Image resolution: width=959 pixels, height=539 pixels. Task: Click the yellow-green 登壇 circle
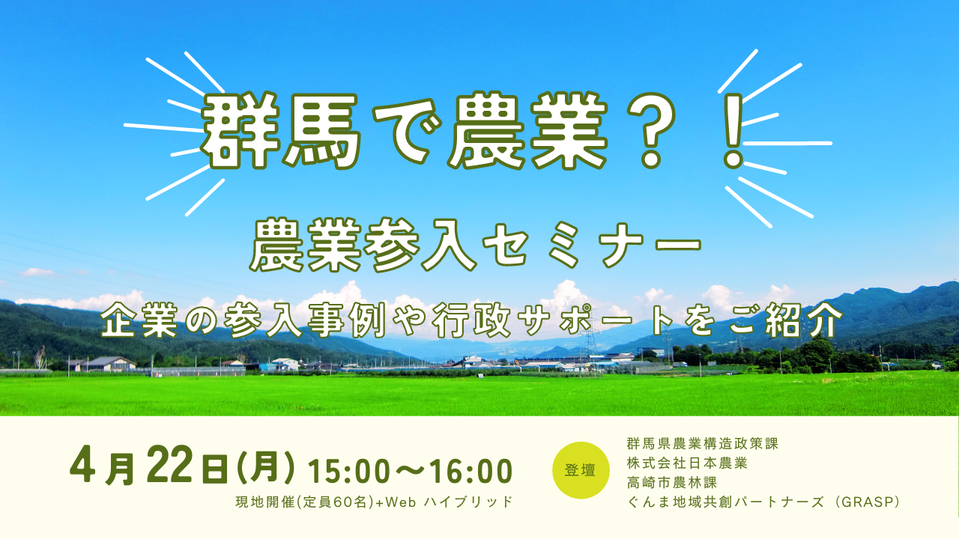581,470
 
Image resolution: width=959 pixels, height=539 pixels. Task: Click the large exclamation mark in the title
733,130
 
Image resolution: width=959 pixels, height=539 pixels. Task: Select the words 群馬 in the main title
280,130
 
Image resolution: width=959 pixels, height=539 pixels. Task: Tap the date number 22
169,465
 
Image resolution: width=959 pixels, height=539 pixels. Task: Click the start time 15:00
349,471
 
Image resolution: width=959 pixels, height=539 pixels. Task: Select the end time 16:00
471,471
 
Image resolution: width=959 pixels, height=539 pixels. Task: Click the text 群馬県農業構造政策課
702,444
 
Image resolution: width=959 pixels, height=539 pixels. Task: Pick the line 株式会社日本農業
687,463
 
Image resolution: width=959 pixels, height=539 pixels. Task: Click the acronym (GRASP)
865,502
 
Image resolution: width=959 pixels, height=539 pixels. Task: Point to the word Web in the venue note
401,502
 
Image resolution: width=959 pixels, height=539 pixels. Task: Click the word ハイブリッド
468,502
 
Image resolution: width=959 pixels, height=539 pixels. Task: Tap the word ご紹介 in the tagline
786,320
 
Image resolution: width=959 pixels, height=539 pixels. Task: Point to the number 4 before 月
82,465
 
